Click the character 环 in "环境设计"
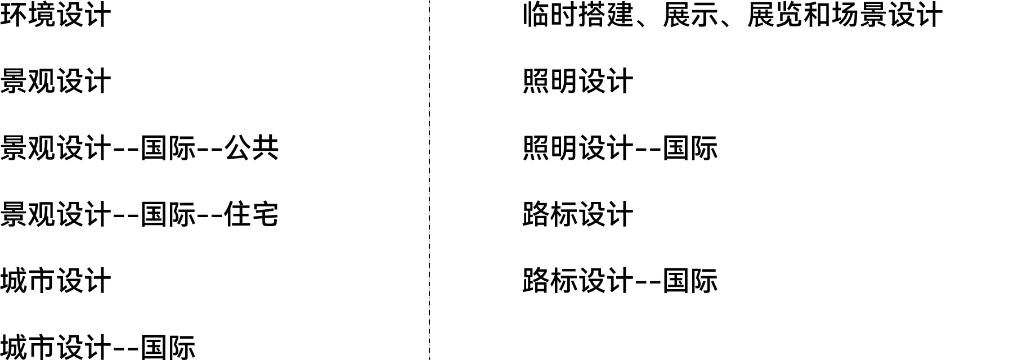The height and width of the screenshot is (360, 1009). (14, 15)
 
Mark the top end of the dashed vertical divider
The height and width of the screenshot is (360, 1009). (429, 0)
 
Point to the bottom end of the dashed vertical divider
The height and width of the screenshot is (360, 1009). (429, 359)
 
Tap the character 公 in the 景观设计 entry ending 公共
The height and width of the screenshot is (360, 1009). (237, 148)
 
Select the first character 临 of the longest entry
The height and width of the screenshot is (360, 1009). (536, 15)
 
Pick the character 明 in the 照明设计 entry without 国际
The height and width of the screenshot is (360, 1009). (564, 81)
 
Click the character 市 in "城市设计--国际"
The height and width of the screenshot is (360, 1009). (42, 347)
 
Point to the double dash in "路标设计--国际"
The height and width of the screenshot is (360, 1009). (648, 282)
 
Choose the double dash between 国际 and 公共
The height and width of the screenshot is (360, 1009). (210, 150)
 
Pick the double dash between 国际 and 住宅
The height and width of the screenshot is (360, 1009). (210, 216)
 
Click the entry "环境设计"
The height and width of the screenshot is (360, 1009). (56, 15)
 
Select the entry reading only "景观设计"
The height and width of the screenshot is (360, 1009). (56, 81)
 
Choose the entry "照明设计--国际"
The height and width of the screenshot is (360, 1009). (620, 148)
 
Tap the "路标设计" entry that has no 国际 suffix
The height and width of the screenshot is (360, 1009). (578, 214)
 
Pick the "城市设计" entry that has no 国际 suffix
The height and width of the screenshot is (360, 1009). (56, 281)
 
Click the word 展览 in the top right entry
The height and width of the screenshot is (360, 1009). (775, 15)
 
